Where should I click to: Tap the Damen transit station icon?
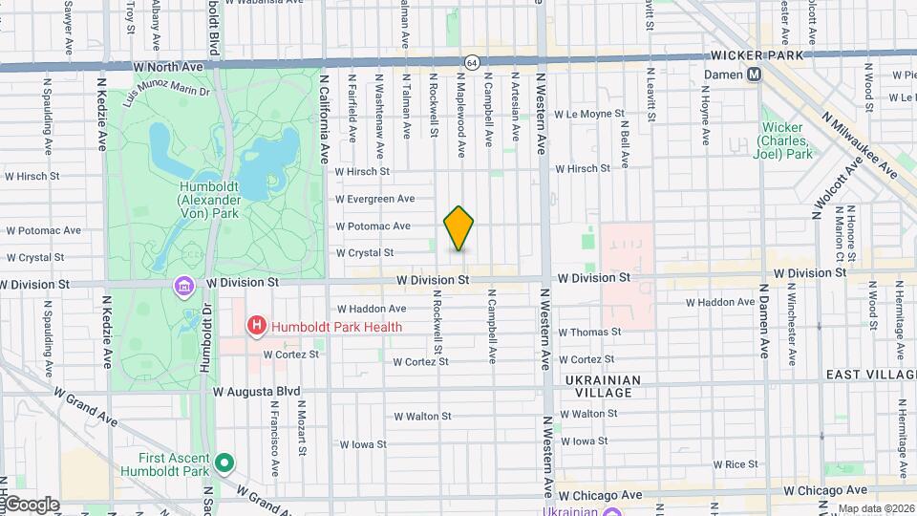(755, 75)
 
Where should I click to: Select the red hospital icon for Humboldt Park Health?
(256, 327)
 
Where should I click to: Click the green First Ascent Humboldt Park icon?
(224, 463)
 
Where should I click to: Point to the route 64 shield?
(472, 62)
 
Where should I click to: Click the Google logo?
(31, 504)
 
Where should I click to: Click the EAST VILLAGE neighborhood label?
(870, 375)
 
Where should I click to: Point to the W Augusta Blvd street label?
(257, 392)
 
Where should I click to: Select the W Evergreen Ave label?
(375, 199)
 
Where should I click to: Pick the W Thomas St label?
(590, 332)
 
